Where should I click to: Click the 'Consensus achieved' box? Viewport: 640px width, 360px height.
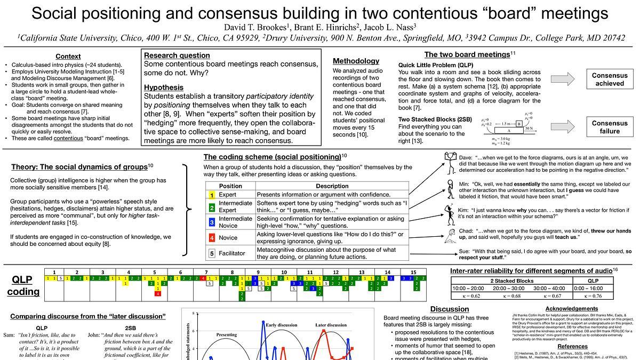[609, 79]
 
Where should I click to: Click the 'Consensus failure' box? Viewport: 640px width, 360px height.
[609, 127]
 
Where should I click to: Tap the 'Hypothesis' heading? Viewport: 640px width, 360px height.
[164, 87]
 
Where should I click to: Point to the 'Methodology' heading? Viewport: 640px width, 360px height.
[356, 61]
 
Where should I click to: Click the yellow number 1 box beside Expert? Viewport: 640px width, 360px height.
[212, 195]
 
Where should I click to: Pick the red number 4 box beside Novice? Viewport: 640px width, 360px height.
[212, 238]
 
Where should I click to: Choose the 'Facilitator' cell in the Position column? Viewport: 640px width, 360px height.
[231, 253]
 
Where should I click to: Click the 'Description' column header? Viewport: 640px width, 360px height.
[332, 186]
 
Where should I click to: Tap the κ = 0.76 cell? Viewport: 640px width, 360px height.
[593, 295]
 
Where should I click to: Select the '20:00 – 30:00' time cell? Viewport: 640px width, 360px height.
[511, 288]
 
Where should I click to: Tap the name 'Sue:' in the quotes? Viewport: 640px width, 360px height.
[464, 251]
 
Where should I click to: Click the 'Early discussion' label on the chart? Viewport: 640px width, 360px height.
[282, 325]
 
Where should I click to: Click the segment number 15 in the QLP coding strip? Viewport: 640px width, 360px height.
[413, 272]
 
